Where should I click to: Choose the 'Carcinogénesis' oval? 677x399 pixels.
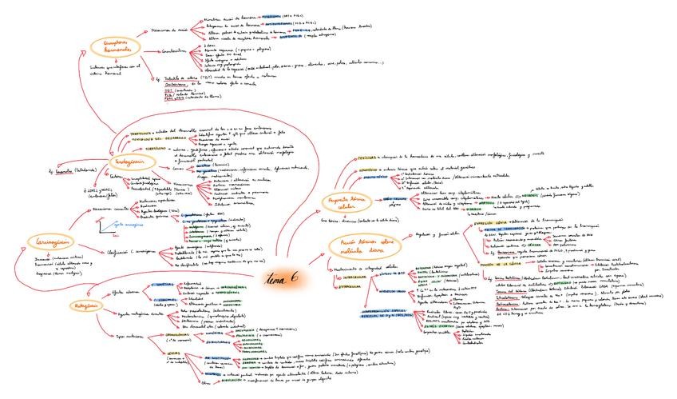tap(49, 241)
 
